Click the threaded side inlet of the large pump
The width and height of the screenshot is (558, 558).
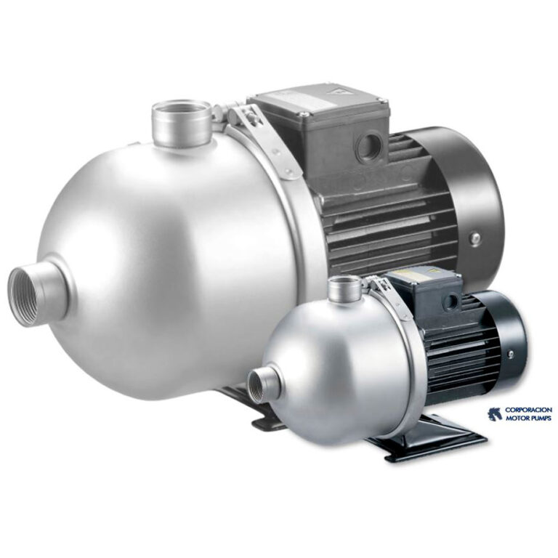click(40, 296)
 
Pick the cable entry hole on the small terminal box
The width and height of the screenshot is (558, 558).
click(453, 302)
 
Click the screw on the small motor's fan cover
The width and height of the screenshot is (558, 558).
click(511, 354)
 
